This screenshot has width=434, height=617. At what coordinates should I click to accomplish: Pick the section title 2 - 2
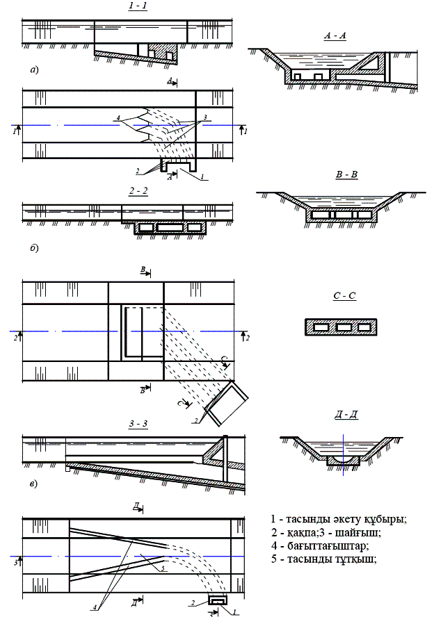(x=136, y=192)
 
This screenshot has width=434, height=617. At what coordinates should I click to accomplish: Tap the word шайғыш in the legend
(x=360, y=532)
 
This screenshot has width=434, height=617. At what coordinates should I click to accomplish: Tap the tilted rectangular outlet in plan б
(x=227, y=405)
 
